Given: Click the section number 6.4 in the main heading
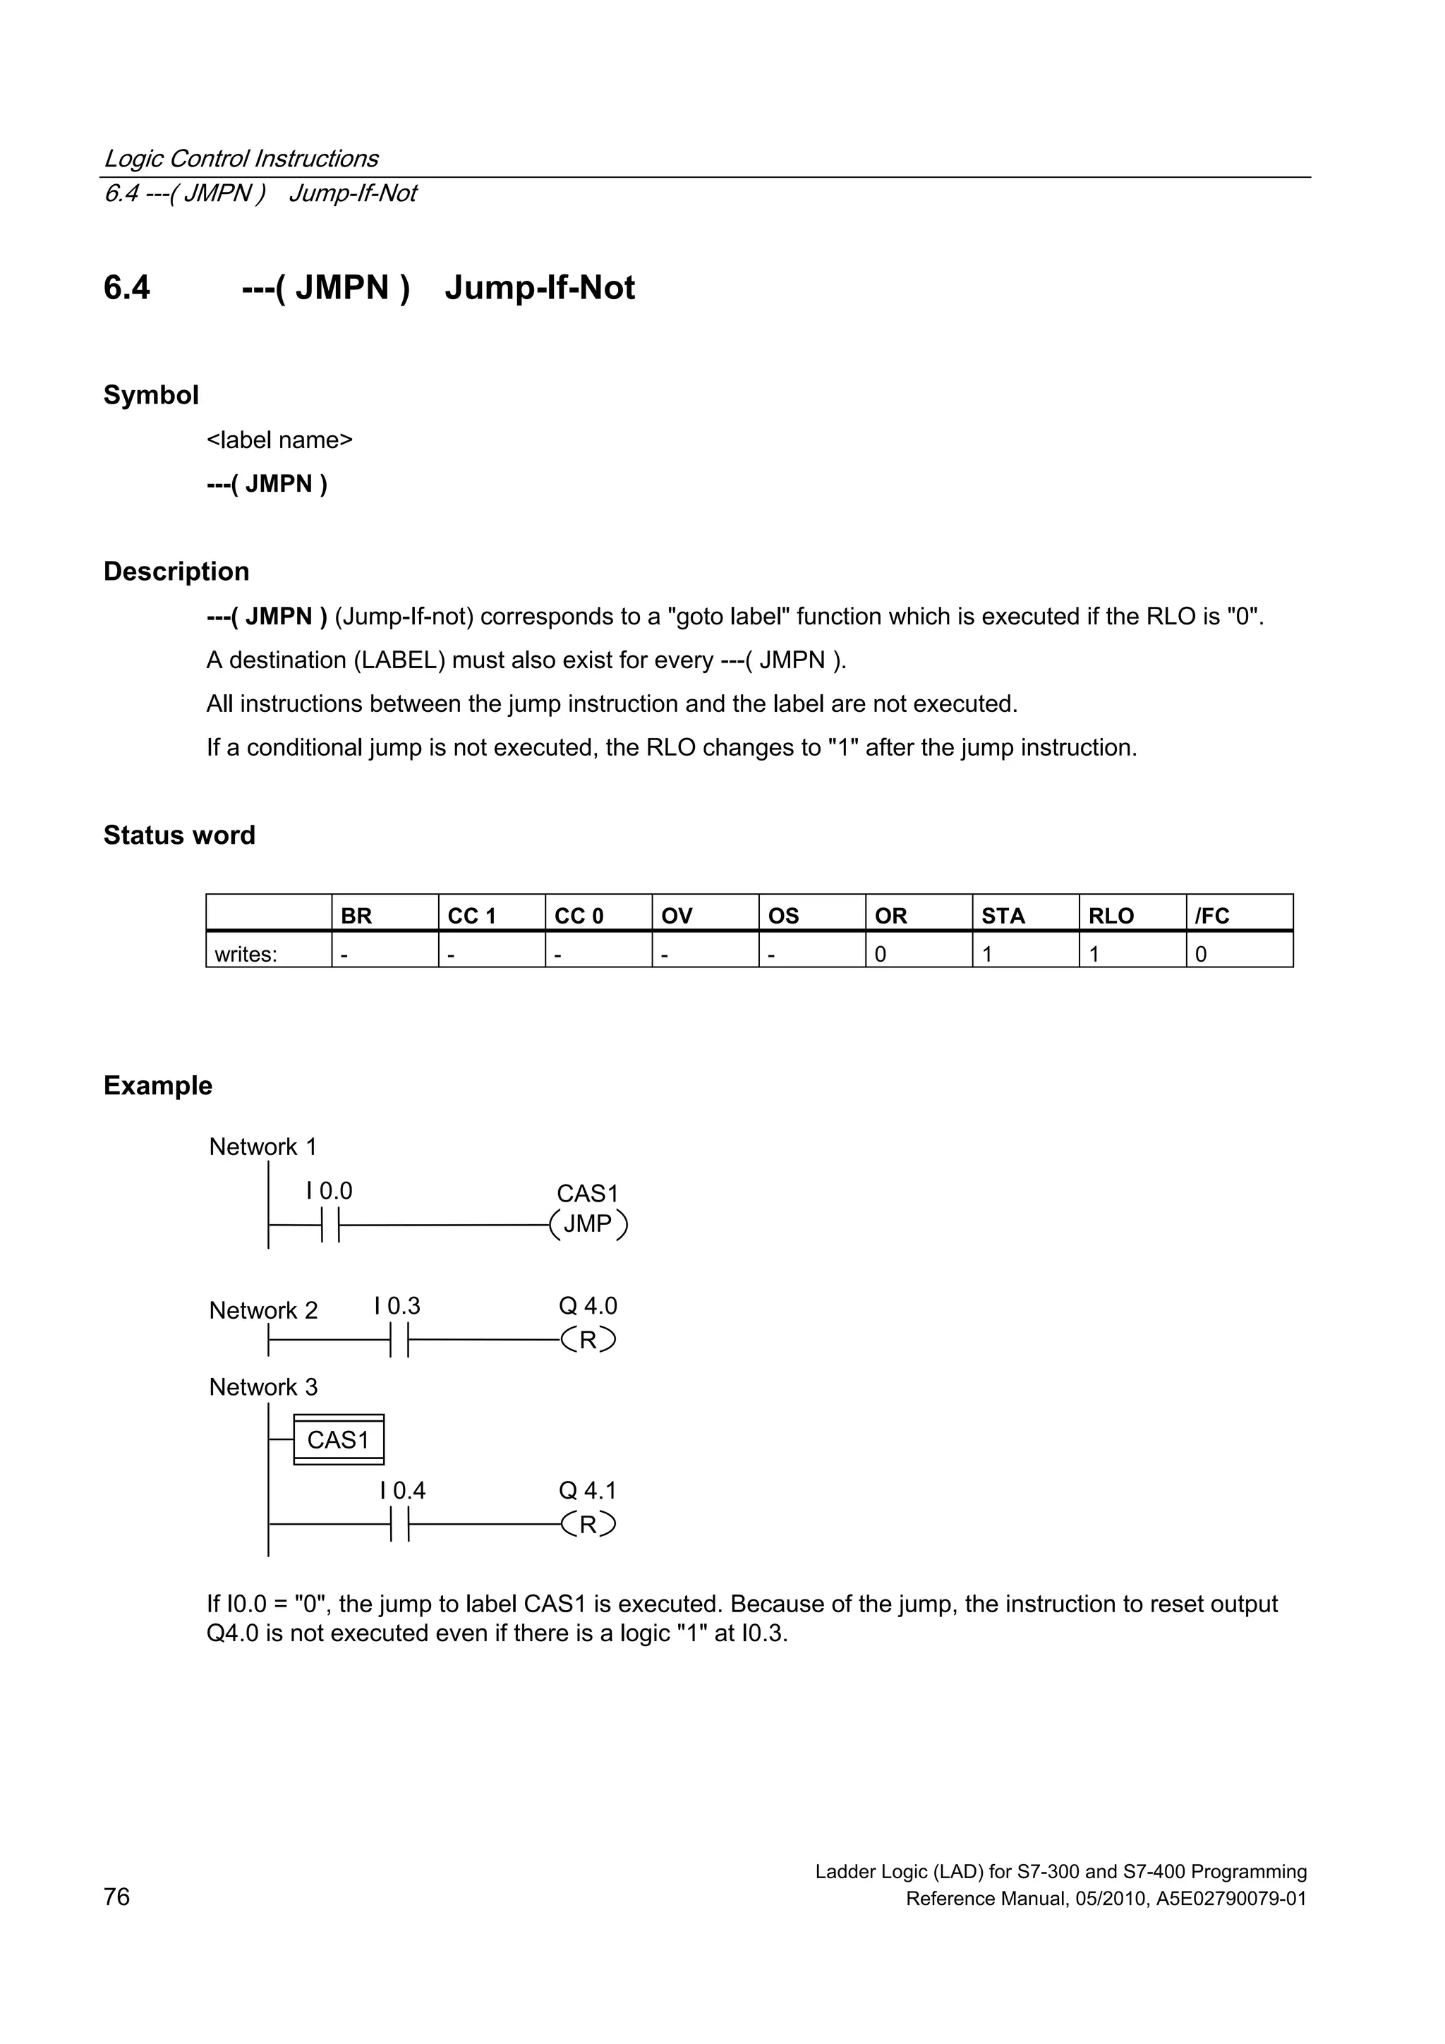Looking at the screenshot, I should point(126,288).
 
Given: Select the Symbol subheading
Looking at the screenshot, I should point(150,394).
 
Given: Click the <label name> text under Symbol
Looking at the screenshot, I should point(279,440).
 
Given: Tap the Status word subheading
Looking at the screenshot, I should point(179,835).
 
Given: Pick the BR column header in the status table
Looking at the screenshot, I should point(356,915).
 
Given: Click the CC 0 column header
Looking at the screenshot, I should point(579,915).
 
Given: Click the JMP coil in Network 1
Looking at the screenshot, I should point(588,1225).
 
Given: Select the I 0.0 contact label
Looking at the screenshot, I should point(329,1191).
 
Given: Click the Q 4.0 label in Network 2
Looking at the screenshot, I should point(588,1306).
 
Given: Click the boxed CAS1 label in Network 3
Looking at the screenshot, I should point(339,1439).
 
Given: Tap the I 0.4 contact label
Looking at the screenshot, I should point(402,1490).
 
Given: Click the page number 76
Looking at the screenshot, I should point(116,1897).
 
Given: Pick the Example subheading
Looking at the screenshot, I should point(157,1085).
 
